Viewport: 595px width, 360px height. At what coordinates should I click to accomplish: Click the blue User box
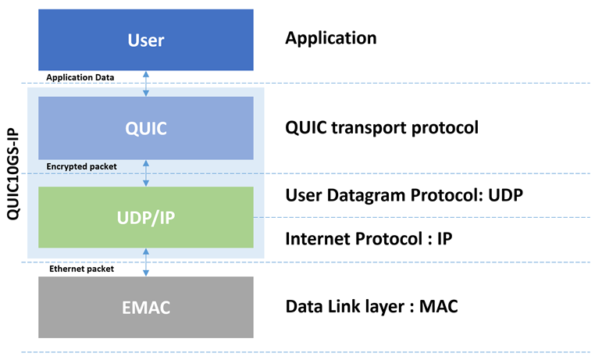coord(146,40)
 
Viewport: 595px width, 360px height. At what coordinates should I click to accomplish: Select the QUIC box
coord(146,128)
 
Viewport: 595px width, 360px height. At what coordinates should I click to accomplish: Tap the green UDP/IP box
coord(146,217)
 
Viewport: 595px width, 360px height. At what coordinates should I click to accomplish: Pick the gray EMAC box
coord(146,307)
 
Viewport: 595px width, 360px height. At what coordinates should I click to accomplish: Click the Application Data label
coord(80,77)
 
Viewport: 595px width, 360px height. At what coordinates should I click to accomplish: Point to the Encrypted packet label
coord(81,166)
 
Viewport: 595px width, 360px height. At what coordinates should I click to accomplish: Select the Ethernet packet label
coord(81,269)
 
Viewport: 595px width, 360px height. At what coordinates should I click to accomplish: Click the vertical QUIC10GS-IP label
coord(13,173)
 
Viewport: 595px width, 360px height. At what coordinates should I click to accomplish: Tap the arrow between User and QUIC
coord(146,84)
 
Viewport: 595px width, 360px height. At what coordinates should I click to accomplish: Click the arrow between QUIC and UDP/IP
coord(146,173)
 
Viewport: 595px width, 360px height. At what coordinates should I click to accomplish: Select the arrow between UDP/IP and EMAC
coord(146,262)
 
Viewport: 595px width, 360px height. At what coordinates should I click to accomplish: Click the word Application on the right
coord(331,38)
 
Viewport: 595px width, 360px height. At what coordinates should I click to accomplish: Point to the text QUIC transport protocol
coord(382,128)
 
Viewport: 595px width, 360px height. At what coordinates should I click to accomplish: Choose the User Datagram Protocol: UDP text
coord(404,196)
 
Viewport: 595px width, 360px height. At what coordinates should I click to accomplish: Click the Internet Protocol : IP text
coord(369,239)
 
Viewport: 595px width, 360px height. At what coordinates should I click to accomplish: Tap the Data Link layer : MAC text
coord(372,307)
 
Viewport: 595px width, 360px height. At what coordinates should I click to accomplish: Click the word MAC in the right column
coord(438,307)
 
